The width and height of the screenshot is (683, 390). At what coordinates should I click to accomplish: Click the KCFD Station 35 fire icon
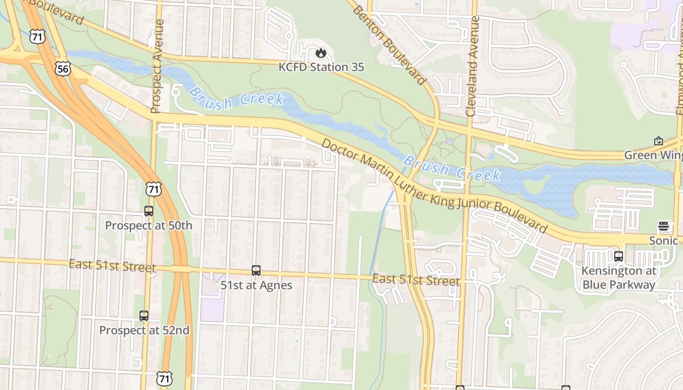click(x=321, y=52)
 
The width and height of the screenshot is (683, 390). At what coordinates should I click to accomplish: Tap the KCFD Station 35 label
click(x=321, y=67)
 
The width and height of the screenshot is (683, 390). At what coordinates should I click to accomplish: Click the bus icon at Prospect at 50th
click(x=149, y=211)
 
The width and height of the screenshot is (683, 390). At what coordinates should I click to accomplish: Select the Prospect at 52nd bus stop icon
click(x=144, y=315)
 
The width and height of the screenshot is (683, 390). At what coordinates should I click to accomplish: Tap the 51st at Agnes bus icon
click(x=256, y=270)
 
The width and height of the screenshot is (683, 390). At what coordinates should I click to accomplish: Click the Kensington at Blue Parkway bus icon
click(x=619, y=256)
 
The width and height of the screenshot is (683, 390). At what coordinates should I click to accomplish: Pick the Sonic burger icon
click(x=663, y=226)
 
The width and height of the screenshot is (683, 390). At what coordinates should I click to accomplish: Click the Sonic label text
click(x=663, y=240)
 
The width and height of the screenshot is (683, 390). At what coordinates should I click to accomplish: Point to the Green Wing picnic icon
click(x=658, y=141)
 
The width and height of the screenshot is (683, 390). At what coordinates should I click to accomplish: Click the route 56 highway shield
click(x=62, y=69)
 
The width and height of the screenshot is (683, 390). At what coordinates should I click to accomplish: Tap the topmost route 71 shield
click(x=37, y=37)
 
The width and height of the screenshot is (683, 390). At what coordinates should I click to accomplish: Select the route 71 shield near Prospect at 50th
click(x=154, y=189)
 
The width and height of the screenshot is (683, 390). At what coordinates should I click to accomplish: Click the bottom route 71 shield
click(x=164, y=378)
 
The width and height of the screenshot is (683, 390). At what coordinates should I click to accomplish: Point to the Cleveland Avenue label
click(x=472, y=66)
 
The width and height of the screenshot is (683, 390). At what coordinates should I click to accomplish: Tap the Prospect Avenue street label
click(x=157, y=66)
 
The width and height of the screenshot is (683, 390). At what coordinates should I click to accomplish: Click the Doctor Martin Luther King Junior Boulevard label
click(x=434, y=186)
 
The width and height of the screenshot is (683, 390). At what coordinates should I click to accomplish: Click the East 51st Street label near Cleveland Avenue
click(x=416, y=280)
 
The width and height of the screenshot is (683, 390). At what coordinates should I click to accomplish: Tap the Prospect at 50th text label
click(x=149, y=226)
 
